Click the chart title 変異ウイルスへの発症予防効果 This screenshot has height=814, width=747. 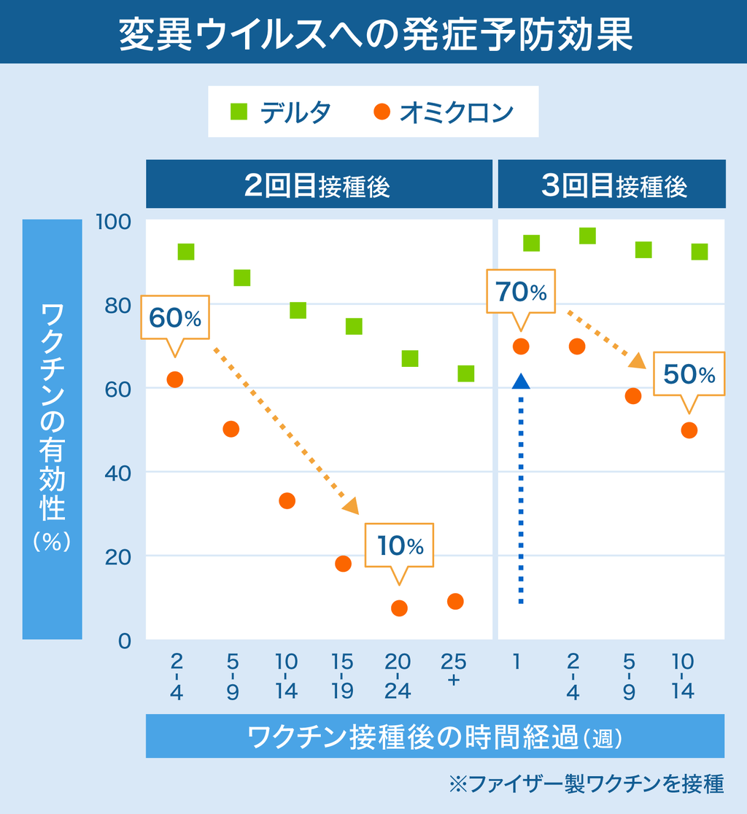click(373, 33)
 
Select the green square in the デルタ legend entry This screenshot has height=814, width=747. click(239, 112)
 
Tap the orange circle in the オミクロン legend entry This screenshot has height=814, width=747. click(382, 112)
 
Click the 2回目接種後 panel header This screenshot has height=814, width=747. click(319, 185)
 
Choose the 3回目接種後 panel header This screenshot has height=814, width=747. click(613, 185)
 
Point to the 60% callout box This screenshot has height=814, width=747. click(174, 317)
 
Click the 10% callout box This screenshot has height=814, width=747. click(399, 545)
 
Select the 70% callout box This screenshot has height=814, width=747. click(521, 292)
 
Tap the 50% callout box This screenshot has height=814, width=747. click(689, 373)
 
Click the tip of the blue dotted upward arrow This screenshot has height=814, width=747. click(520, 380)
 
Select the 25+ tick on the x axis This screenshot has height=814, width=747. click(454, 670)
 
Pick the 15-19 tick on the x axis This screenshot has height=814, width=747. click(342, 676)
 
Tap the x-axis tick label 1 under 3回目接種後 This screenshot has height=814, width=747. click(516, 662)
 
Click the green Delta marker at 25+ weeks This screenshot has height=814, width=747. click(465, 373)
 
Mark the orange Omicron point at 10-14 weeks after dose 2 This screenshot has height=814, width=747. click(287, 500)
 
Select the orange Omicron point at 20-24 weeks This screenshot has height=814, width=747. click(399, 608)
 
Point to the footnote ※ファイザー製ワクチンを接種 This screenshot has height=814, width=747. click(587, 784)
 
